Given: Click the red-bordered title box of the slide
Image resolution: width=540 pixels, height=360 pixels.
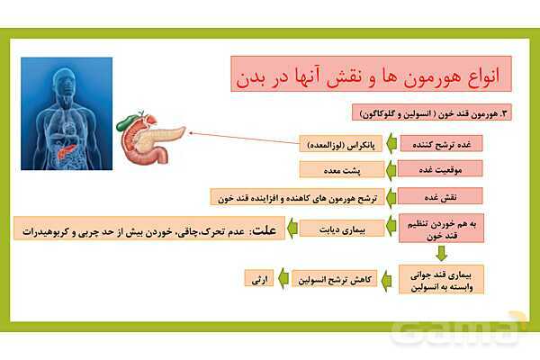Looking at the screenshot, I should click(x=370, y=73).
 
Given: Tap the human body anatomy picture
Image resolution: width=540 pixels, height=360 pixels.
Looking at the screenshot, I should click(x=67, y=113).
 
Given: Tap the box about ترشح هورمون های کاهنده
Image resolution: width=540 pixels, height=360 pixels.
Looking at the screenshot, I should click(x=297, y=195).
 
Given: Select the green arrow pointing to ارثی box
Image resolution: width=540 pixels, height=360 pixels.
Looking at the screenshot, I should click(x=283, y=279).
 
